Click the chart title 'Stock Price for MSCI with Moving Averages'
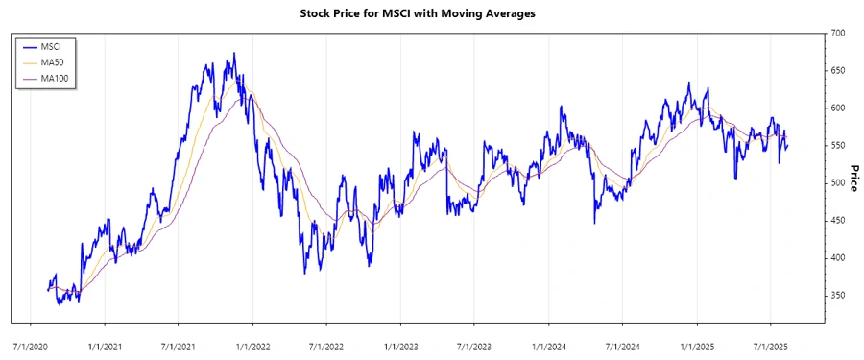[432, 13]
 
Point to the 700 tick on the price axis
[838, 34]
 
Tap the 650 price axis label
[838, 71]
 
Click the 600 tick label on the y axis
[838, 108]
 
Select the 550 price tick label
[838, 146]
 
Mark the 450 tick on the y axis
[838, 221]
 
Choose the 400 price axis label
[838, 258]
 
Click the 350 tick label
[838, 296]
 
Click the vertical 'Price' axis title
[853, 177]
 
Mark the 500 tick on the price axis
[838, 183]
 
